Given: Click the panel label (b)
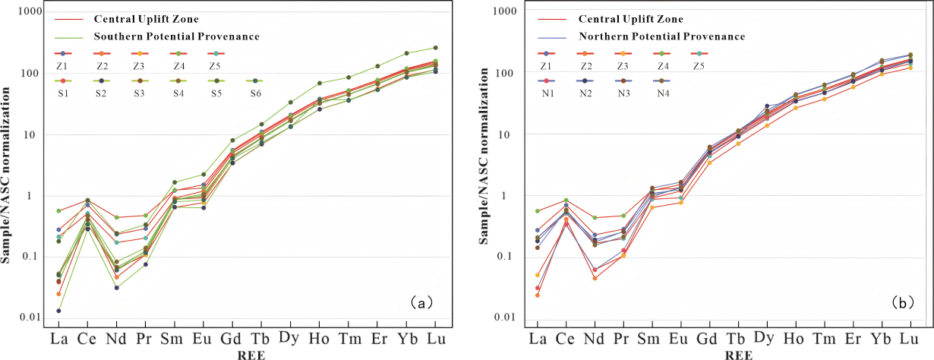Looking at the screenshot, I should tap(901, 303).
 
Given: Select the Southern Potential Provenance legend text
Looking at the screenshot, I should tap(176, 36).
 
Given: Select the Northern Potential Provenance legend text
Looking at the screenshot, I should tap(661, 36).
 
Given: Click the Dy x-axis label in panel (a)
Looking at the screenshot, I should tap(289, 335).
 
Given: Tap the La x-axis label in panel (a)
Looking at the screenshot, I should tap(58, 335).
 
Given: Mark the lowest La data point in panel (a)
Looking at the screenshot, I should tap(58, 311).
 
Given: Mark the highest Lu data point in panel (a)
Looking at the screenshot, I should tap(434, 47).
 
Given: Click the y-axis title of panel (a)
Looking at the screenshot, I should tap(7, 175).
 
